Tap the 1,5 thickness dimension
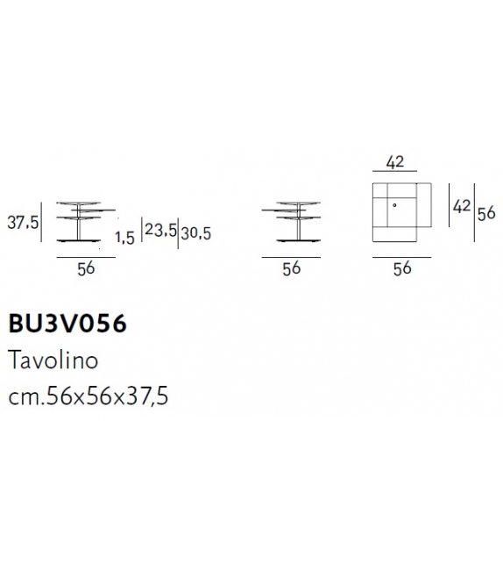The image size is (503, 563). tap(124, 238)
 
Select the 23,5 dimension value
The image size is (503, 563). tap(160, 232)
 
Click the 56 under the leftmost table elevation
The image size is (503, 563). tap(85, 269)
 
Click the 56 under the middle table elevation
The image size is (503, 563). tap(292, 269)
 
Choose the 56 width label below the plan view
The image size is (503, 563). tap(401, 269)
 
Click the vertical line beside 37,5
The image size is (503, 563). tap(40, 224)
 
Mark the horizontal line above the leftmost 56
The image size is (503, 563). tap(84, 257)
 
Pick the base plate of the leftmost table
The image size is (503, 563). tap(84, 241)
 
